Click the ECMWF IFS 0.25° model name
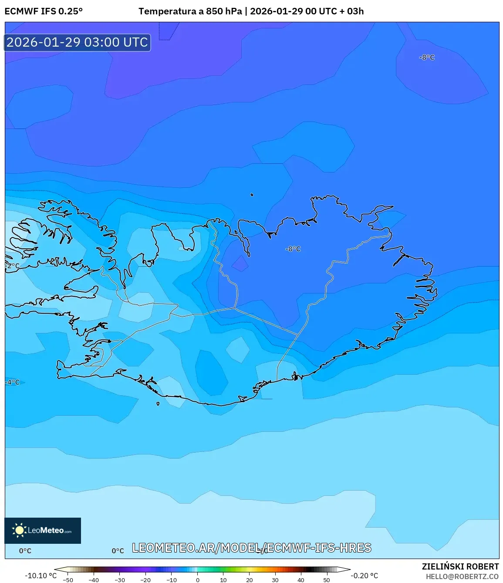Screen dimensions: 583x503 (44, 11)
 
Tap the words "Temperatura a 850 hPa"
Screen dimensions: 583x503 (190, 11)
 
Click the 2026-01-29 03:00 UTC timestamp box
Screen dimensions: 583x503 (77, 42)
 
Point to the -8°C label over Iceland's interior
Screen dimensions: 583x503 (293, 249)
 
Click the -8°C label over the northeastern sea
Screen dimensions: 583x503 (427, 58)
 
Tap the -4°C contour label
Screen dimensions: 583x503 (13, 382)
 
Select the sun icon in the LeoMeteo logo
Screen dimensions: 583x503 (20, 530)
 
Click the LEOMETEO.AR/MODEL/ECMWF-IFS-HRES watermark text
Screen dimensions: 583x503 (252, 548)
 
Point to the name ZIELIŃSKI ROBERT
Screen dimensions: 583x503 (460, 566)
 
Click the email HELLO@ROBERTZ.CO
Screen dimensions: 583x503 (462, 576)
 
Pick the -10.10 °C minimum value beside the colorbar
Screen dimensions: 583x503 (41, 576)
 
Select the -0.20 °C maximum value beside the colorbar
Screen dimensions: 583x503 (365, 576)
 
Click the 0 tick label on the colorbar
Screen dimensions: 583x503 (198, 580)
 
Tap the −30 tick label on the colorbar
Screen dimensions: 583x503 (119, 580)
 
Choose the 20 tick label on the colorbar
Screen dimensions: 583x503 (249, 580)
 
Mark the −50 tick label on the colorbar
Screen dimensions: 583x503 (68, 580)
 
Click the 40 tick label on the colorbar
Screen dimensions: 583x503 (300, 580)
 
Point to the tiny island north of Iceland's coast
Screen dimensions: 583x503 (252, 195)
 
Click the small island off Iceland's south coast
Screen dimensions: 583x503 (158, 403)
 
